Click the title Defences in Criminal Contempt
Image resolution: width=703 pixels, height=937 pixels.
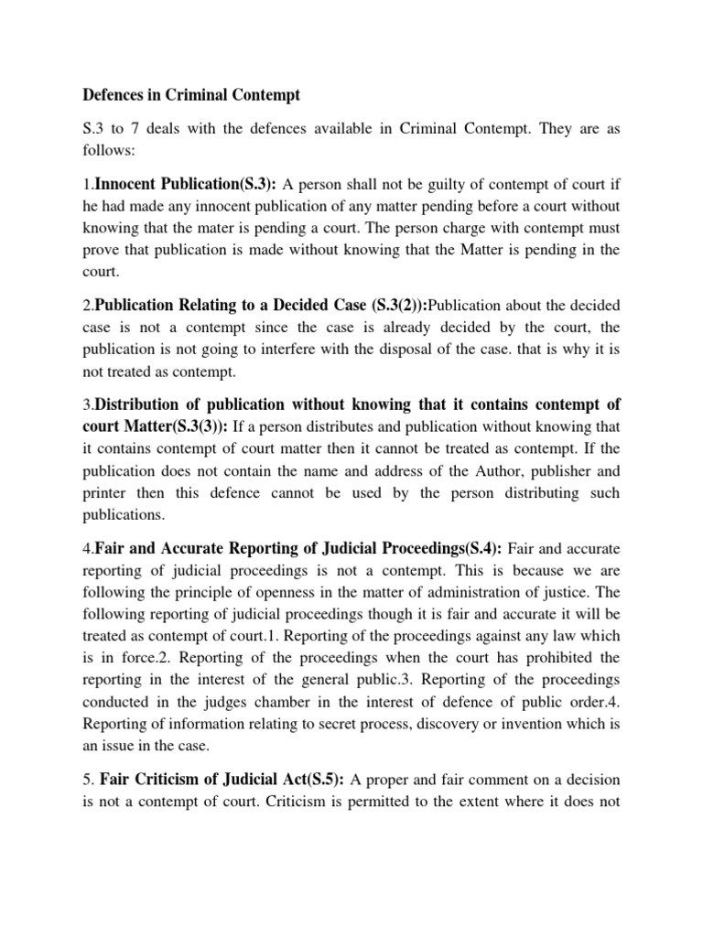coord(191,94)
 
